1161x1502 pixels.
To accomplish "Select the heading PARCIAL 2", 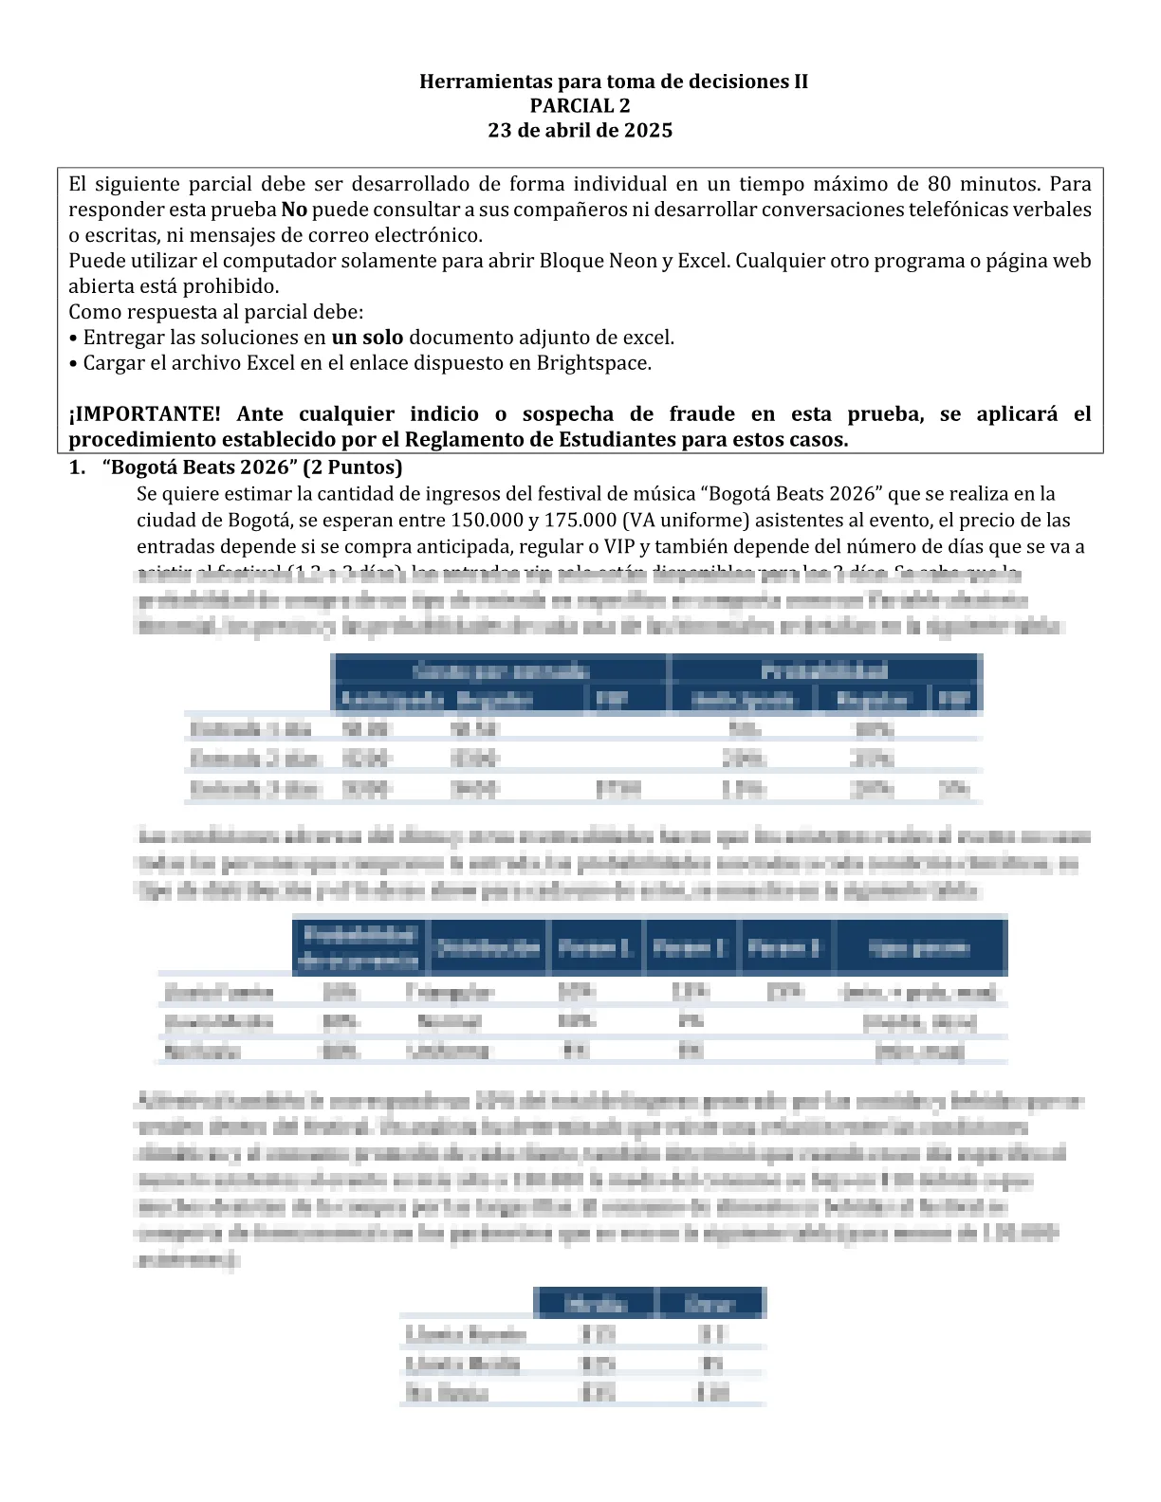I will pyautogui.click(x=580, y=106).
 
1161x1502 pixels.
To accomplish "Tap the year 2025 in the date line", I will pyautogui.click(x=648, y=131).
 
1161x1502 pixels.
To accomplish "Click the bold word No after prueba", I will pyautogui.click(x=294, y=210).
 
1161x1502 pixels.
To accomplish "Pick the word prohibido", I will pyautogui.click(x=230, y=286).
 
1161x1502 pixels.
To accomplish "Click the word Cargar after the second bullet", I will pyautogui.click(x=114, y=363).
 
